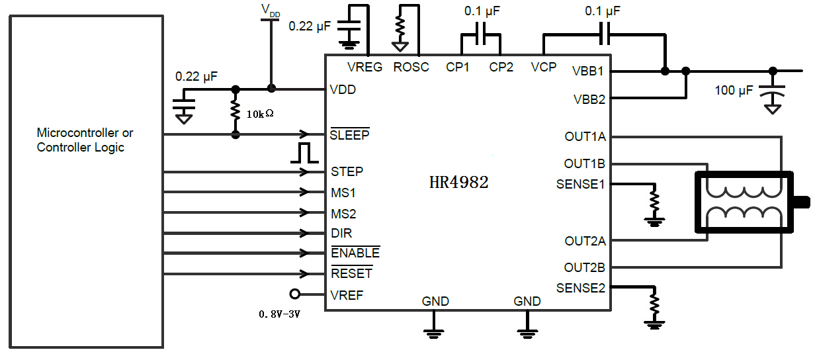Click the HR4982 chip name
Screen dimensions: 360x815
tap(458, 183)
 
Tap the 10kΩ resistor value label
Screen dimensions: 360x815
tap(260, 114)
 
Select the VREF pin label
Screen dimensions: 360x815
tap(347, 294)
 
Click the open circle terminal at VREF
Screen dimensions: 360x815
tap(295, 294)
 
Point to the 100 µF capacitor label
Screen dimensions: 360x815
tap(734, 90)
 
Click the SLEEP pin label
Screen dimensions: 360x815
tap(350, 135)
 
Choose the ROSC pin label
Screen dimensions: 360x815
tap(411, 67)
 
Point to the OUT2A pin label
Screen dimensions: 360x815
tap(585, 241)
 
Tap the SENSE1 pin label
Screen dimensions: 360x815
tap(581, 184)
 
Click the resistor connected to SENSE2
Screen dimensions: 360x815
tap(654, 304)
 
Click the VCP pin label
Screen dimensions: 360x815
tap(544, 67)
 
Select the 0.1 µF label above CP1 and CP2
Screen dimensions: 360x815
tap(482, 11)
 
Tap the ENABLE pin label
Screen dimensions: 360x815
tap(355, 253)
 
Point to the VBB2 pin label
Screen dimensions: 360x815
tap(589, 99)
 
